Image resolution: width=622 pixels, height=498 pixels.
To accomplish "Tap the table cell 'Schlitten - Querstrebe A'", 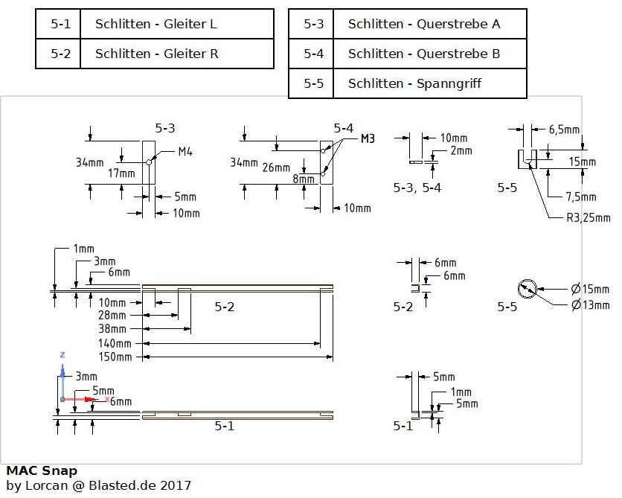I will (424, 24).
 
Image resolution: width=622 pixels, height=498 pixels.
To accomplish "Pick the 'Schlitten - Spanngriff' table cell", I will (414, 83).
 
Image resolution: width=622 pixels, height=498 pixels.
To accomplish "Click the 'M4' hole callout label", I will (185, 152).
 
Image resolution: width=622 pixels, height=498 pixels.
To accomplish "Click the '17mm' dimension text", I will (121, 173).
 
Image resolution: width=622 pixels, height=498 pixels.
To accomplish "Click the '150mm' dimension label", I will (115, 357).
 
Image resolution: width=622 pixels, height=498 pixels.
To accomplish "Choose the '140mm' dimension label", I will (115, 343).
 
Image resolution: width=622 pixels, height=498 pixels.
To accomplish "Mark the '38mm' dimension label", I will (114, 329).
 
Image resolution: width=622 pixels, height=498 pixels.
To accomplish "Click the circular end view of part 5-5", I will (527, 289).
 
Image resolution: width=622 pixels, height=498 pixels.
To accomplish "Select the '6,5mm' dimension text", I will (565, 130).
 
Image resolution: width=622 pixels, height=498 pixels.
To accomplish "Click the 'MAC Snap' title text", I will (42, 470).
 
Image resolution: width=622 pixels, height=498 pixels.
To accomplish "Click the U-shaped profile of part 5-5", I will (527, 159).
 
